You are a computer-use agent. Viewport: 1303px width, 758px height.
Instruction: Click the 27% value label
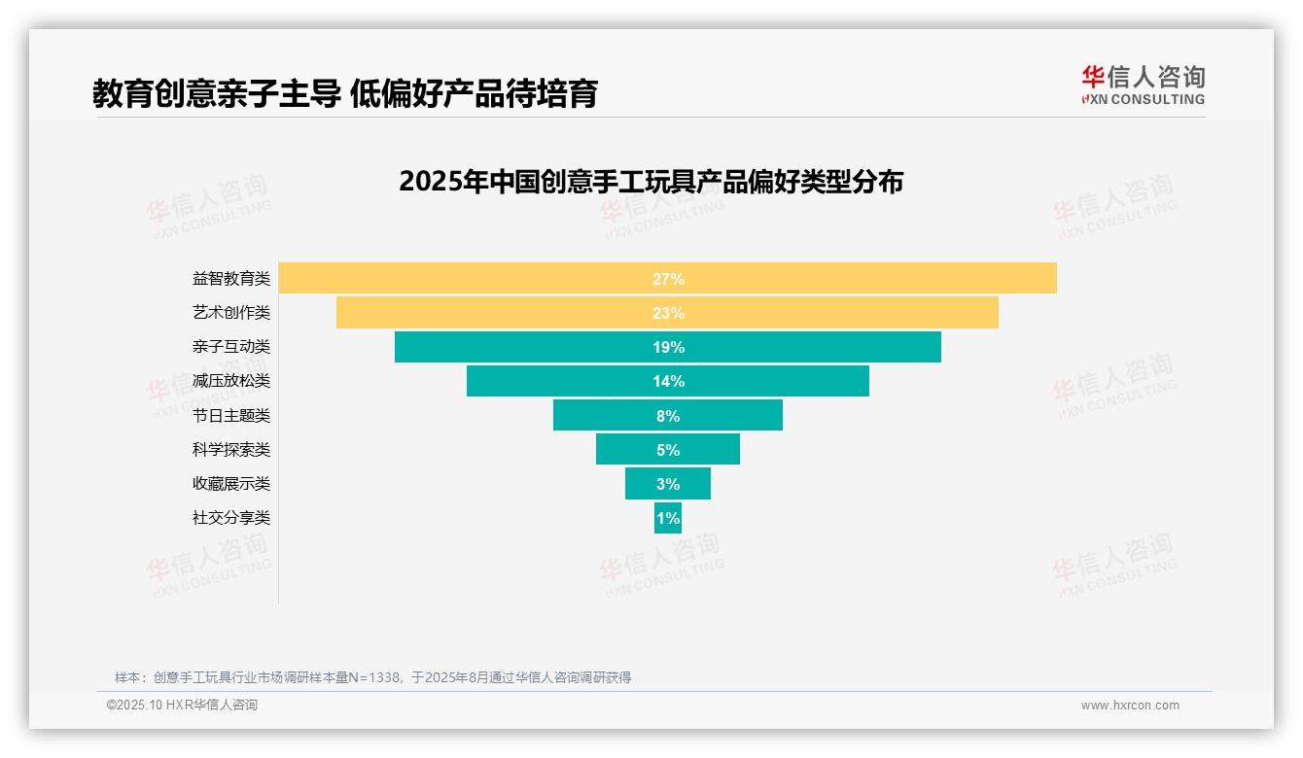point(668,279)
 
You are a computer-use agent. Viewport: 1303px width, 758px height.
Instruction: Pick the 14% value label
point(668,381)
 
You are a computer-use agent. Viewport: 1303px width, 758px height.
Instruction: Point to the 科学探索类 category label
point(231,450)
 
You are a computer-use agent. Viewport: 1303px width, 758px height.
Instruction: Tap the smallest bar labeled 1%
point(668,518)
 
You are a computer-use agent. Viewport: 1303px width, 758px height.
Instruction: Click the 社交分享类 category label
point(231,518)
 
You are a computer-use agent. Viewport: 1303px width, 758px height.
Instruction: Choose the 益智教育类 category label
point(231,279)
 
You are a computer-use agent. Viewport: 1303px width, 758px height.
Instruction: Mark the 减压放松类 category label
point(231,381)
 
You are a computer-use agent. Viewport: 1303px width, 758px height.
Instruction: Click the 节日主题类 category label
point(231,416)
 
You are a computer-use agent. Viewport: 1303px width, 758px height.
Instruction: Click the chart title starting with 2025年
point(651,182)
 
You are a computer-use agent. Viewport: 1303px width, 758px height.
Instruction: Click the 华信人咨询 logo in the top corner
point(1143,85)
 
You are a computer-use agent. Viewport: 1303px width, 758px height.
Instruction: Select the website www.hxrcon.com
point(1130,706)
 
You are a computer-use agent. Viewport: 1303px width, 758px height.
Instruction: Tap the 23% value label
point(668,313)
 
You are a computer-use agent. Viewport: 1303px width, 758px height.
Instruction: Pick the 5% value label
point(668,450)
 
